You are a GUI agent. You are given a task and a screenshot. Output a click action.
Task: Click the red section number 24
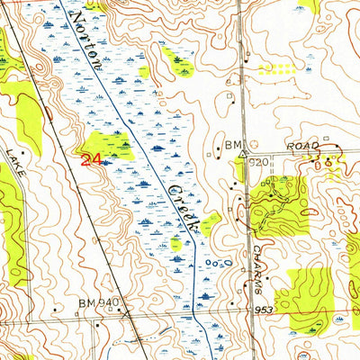coord(90,160)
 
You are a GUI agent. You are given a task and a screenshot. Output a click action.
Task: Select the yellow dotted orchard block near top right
coord(277,68)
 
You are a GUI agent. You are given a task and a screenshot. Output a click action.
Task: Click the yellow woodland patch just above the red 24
coord(106,143)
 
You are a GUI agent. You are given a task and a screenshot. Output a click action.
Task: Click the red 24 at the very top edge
coord(100,4)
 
